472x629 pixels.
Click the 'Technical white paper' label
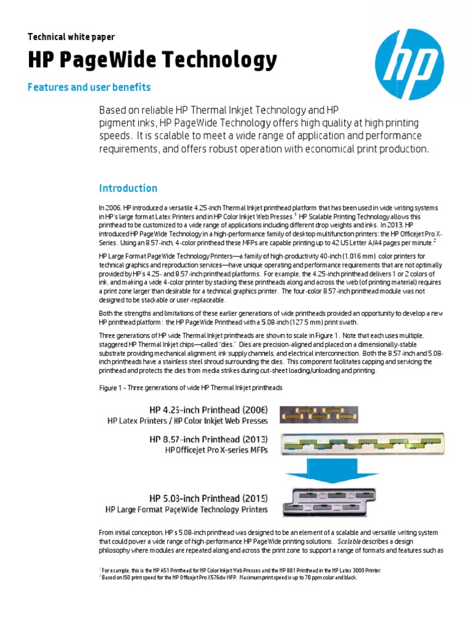pos(71,37)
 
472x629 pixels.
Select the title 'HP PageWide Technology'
pos(152,61)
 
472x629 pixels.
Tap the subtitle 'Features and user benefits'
pos(89,87)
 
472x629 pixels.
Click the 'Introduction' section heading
pos(128,188)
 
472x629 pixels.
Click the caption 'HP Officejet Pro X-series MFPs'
pos(216,450)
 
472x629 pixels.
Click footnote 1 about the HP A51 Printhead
pos(240,571)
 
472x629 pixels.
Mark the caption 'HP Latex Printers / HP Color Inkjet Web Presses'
pos(187,421)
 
